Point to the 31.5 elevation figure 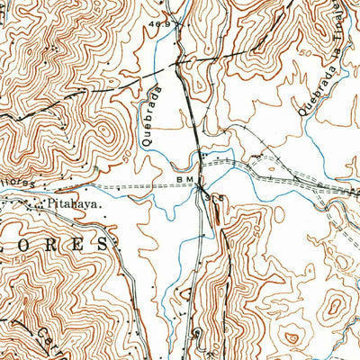coord(211,196)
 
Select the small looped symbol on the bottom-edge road coord(198,335)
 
